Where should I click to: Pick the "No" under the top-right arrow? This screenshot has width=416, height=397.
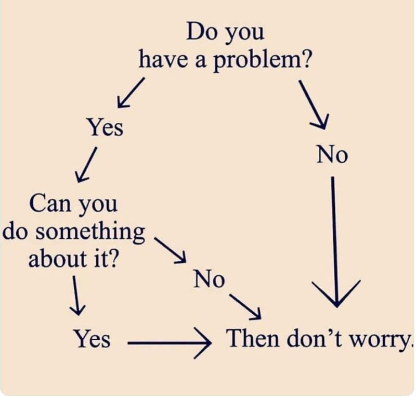(332, 155)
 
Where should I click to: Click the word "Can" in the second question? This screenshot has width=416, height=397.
(50, 202)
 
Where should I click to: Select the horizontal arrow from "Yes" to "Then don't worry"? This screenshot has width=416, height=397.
(167, 343)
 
